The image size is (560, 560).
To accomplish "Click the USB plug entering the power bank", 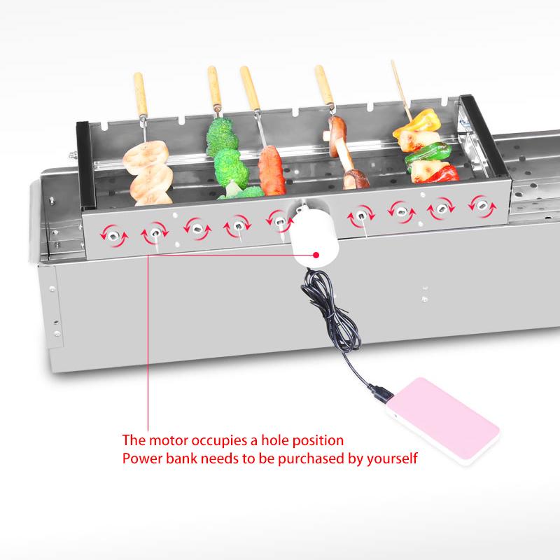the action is pos(381,393).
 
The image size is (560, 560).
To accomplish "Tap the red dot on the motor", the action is pos(316,255).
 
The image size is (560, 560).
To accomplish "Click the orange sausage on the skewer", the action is pos(272,170).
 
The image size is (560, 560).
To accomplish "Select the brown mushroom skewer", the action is pos(344,153).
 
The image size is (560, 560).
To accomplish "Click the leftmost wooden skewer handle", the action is pos(141,94).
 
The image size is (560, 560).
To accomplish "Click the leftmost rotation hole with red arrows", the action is pos(114,236).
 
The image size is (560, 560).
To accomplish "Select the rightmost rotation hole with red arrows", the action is pos(482,206).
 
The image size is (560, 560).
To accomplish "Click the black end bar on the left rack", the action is pos(85,164).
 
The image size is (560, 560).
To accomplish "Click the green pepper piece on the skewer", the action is pos(428,152).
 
